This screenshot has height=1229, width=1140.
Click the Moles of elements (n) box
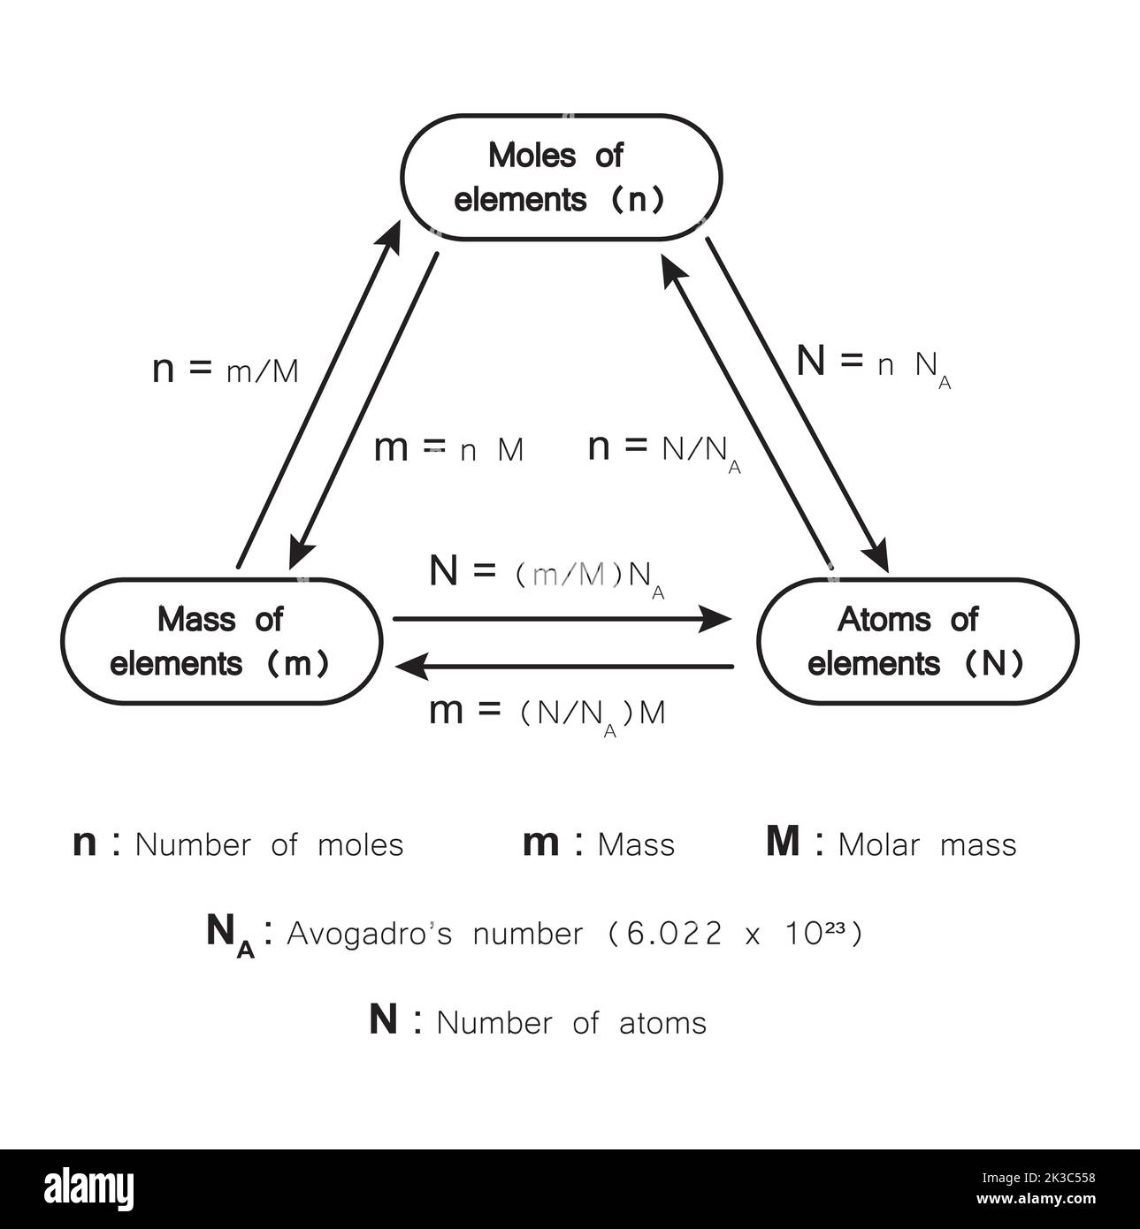[x=562, y=178]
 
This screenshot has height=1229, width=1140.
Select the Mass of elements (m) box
[x=221, y=642]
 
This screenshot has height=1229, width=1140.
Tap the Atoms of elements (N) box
[x=918, y=642]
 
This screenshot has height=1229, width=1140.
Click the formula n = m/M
[x=226, y=370]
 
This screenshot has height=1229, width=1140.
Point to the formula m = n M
[x=449, y=449]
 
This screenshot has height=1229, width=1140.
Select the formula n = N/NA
[x=664, y=450]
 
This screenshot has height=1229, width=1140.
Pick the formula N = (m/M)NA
[x=547, y=576]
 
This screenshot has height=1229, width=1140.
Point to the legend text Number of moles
[x=269, y=845]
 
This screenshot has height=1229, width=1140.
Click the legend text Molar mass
[x=927, y=845]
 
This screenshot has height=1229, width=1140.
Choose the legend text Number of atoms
[x=571, y=1023]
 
